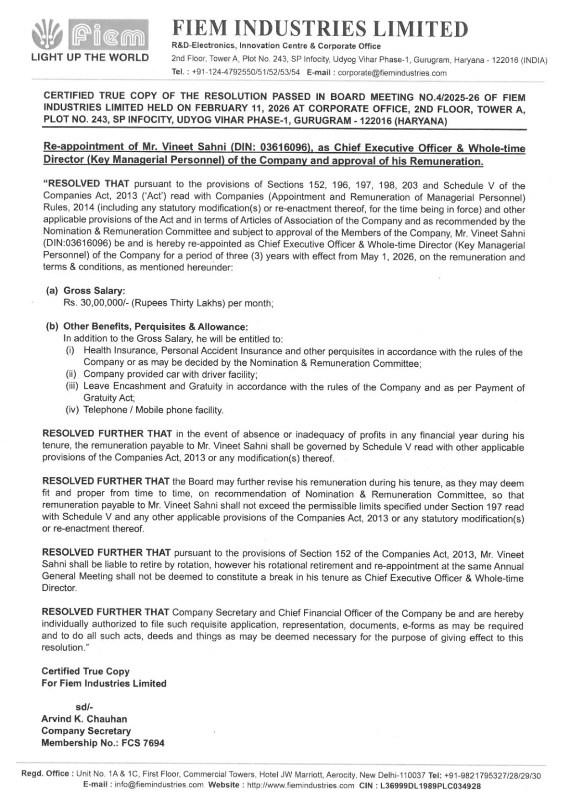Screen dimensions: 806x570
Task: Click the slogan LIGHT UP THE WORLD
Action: tap(90, 58)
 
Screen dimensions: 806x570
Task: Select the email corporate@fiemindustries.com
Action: tap(392, 73)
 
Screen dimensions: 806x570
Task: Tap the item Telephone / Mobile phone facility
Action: tap(153, 410)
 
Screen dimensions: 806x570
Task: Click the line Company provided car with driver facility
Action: tap(170, 374)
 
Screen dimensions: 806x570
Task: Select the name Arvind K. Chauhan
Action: tap(84, 719)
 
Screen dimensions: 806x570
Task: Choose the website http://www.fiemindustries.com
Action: tap(301, 786)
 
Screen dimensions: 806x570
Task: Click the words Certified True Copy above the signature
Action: tap(85, 671)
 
